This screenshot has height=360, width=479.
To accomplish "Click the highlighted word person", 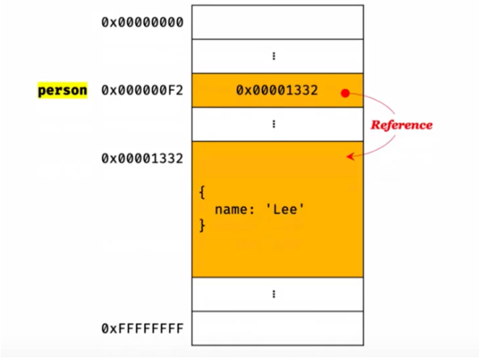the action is point(62,91).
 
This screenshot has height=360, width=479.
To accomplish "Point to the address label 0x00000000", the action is point(142,22).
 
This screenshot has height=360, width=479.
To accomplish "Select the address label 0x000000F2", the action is point(142,91).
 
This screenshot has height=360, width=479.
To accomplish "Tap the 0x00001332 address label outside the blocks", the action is point(142,158).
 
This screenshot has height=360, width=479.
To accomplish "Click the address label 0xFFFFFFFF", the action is point(142,329).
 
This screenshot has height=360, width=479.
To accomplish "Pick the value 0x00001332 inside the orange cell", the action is point(276,90).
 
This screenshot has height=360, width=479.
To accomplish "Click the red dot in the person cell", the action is point(345,93).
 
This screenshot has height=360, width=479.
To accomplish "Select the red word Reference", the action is point(401,125).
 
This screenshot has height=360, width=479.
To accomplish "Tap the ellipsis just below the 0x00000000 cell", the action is point(274,56).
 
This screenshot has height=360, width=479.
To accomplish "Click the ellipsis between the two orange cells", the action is point(274,124).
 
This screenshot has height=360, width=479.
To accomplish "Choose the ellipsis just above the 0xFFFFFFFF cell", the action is point(274,294).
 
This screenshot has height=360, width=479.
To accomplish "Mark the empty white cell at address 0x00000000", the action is point(277,22).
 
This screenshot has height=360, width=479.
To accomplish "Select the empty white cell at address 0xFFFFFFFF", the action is point(277,328).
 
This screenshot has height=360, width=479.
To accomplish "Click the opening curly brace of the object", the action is point(202,193).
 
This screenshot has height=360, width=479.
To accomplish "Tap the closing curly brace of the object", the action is point(202,226).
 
